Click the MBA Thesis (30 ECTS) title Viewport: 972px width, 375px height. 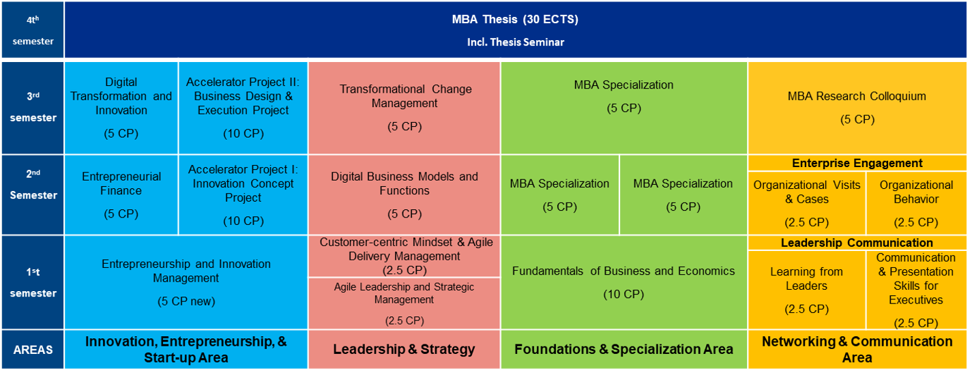click(x=515, y=19)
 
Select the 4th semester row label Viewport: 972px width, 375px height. click(x=33, y=30)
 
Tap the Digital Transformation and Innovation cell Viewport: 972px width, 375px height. click(x=121, y=108)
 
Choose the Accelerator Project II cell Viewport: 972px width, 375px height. click(x=243, y=108)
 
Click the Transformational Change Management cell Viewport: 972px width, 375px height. click(x=404, y=107)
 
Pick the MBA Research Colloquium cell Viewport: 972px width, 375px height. click(x=857, y=107)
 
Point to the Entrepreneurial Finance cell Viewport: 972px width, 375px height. click(x=121, y=194)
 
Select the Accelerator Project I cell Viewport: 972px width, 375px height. click(x=243, y=194)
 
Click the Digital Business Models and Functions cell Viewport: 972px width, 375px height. click(x=404, y=194)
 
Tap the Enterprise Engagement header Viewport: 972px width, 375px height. click(x=857, y=163)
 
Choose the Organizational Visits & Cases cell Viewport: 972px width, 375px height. click(x=807, y=202)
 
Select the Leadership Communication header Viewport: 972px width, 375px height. click(x=857, y=243)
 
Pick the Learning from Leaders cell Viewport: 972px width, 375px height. click(x=807, y=290)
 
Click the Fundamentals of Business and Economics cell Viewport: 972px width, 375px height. click(x=623, y=282)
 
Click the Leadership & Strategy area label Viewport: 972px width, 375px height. click(x=404, y=349)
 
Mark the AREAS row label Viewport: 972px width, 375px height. click(x=33, y=349)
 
